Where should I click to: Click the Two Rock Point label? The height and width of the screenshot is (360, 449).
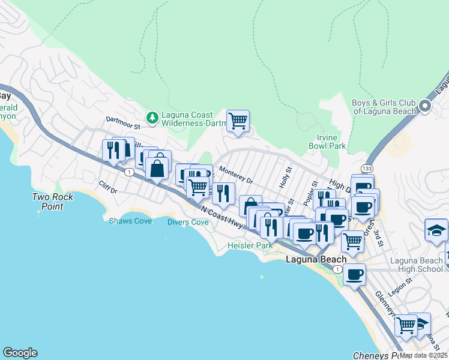point(53,202)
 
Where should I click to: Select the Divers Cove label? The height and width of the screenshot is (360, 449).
point(188,222)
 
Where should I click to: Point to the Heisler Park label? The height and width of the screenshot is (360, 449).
point(250,245)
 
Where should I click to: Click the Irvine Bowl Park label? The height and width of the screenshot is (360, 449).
point(327,142)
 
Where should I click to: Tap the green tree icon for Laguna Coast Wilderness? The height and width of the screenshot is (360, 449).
point(153,116)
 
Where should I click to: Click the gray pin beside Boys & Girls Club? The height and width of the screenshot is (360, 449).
point(425,107)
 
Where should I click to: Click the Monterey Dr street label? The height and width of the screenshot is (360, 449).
point(236,175)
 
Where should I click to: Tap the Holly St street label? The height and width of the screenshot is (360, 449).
point(285,178)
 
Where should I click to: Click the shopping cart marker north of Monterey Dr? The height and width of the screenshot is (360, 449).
point(238,121)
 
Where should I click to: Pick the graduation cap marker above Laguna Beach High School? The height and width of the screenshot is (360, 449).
point(436,230)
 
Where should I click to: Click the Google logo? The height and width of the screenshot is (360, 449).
point(20,353)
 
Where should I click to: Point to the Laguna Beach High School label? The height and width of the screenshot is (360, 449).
point(416,264)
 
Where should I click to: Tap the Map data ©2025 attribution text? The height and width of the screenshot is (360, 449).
point(423,355)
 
